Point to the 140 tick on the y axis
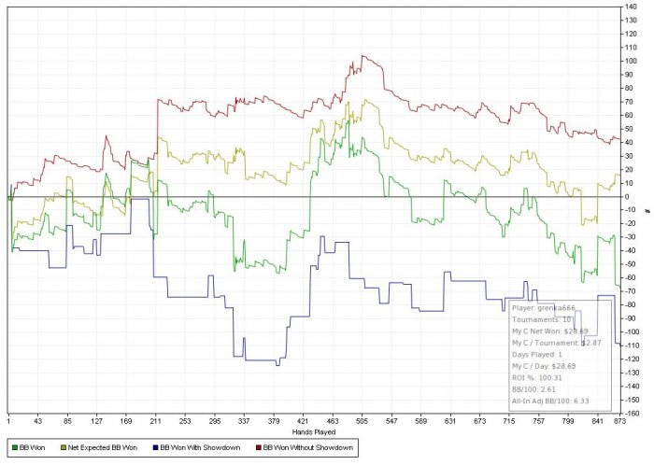(633, 7)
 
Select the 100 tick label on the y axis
(633, 62)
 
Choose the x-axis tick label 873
(618, 422)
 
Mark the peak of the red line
(363, 56)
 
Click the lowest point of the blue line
(277, 365)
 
